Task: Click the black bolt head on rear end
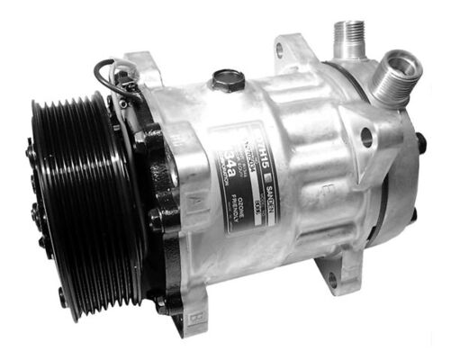click(419, 141)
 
